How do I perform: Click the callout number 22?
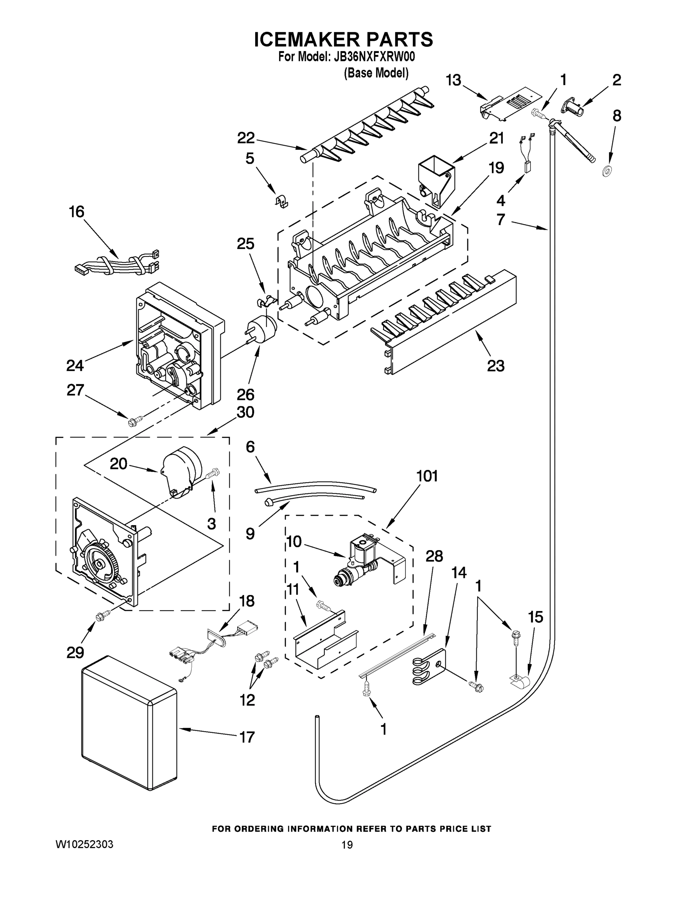(x=246, y=138)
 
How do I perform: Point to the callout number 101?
(x=427, y=476)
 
